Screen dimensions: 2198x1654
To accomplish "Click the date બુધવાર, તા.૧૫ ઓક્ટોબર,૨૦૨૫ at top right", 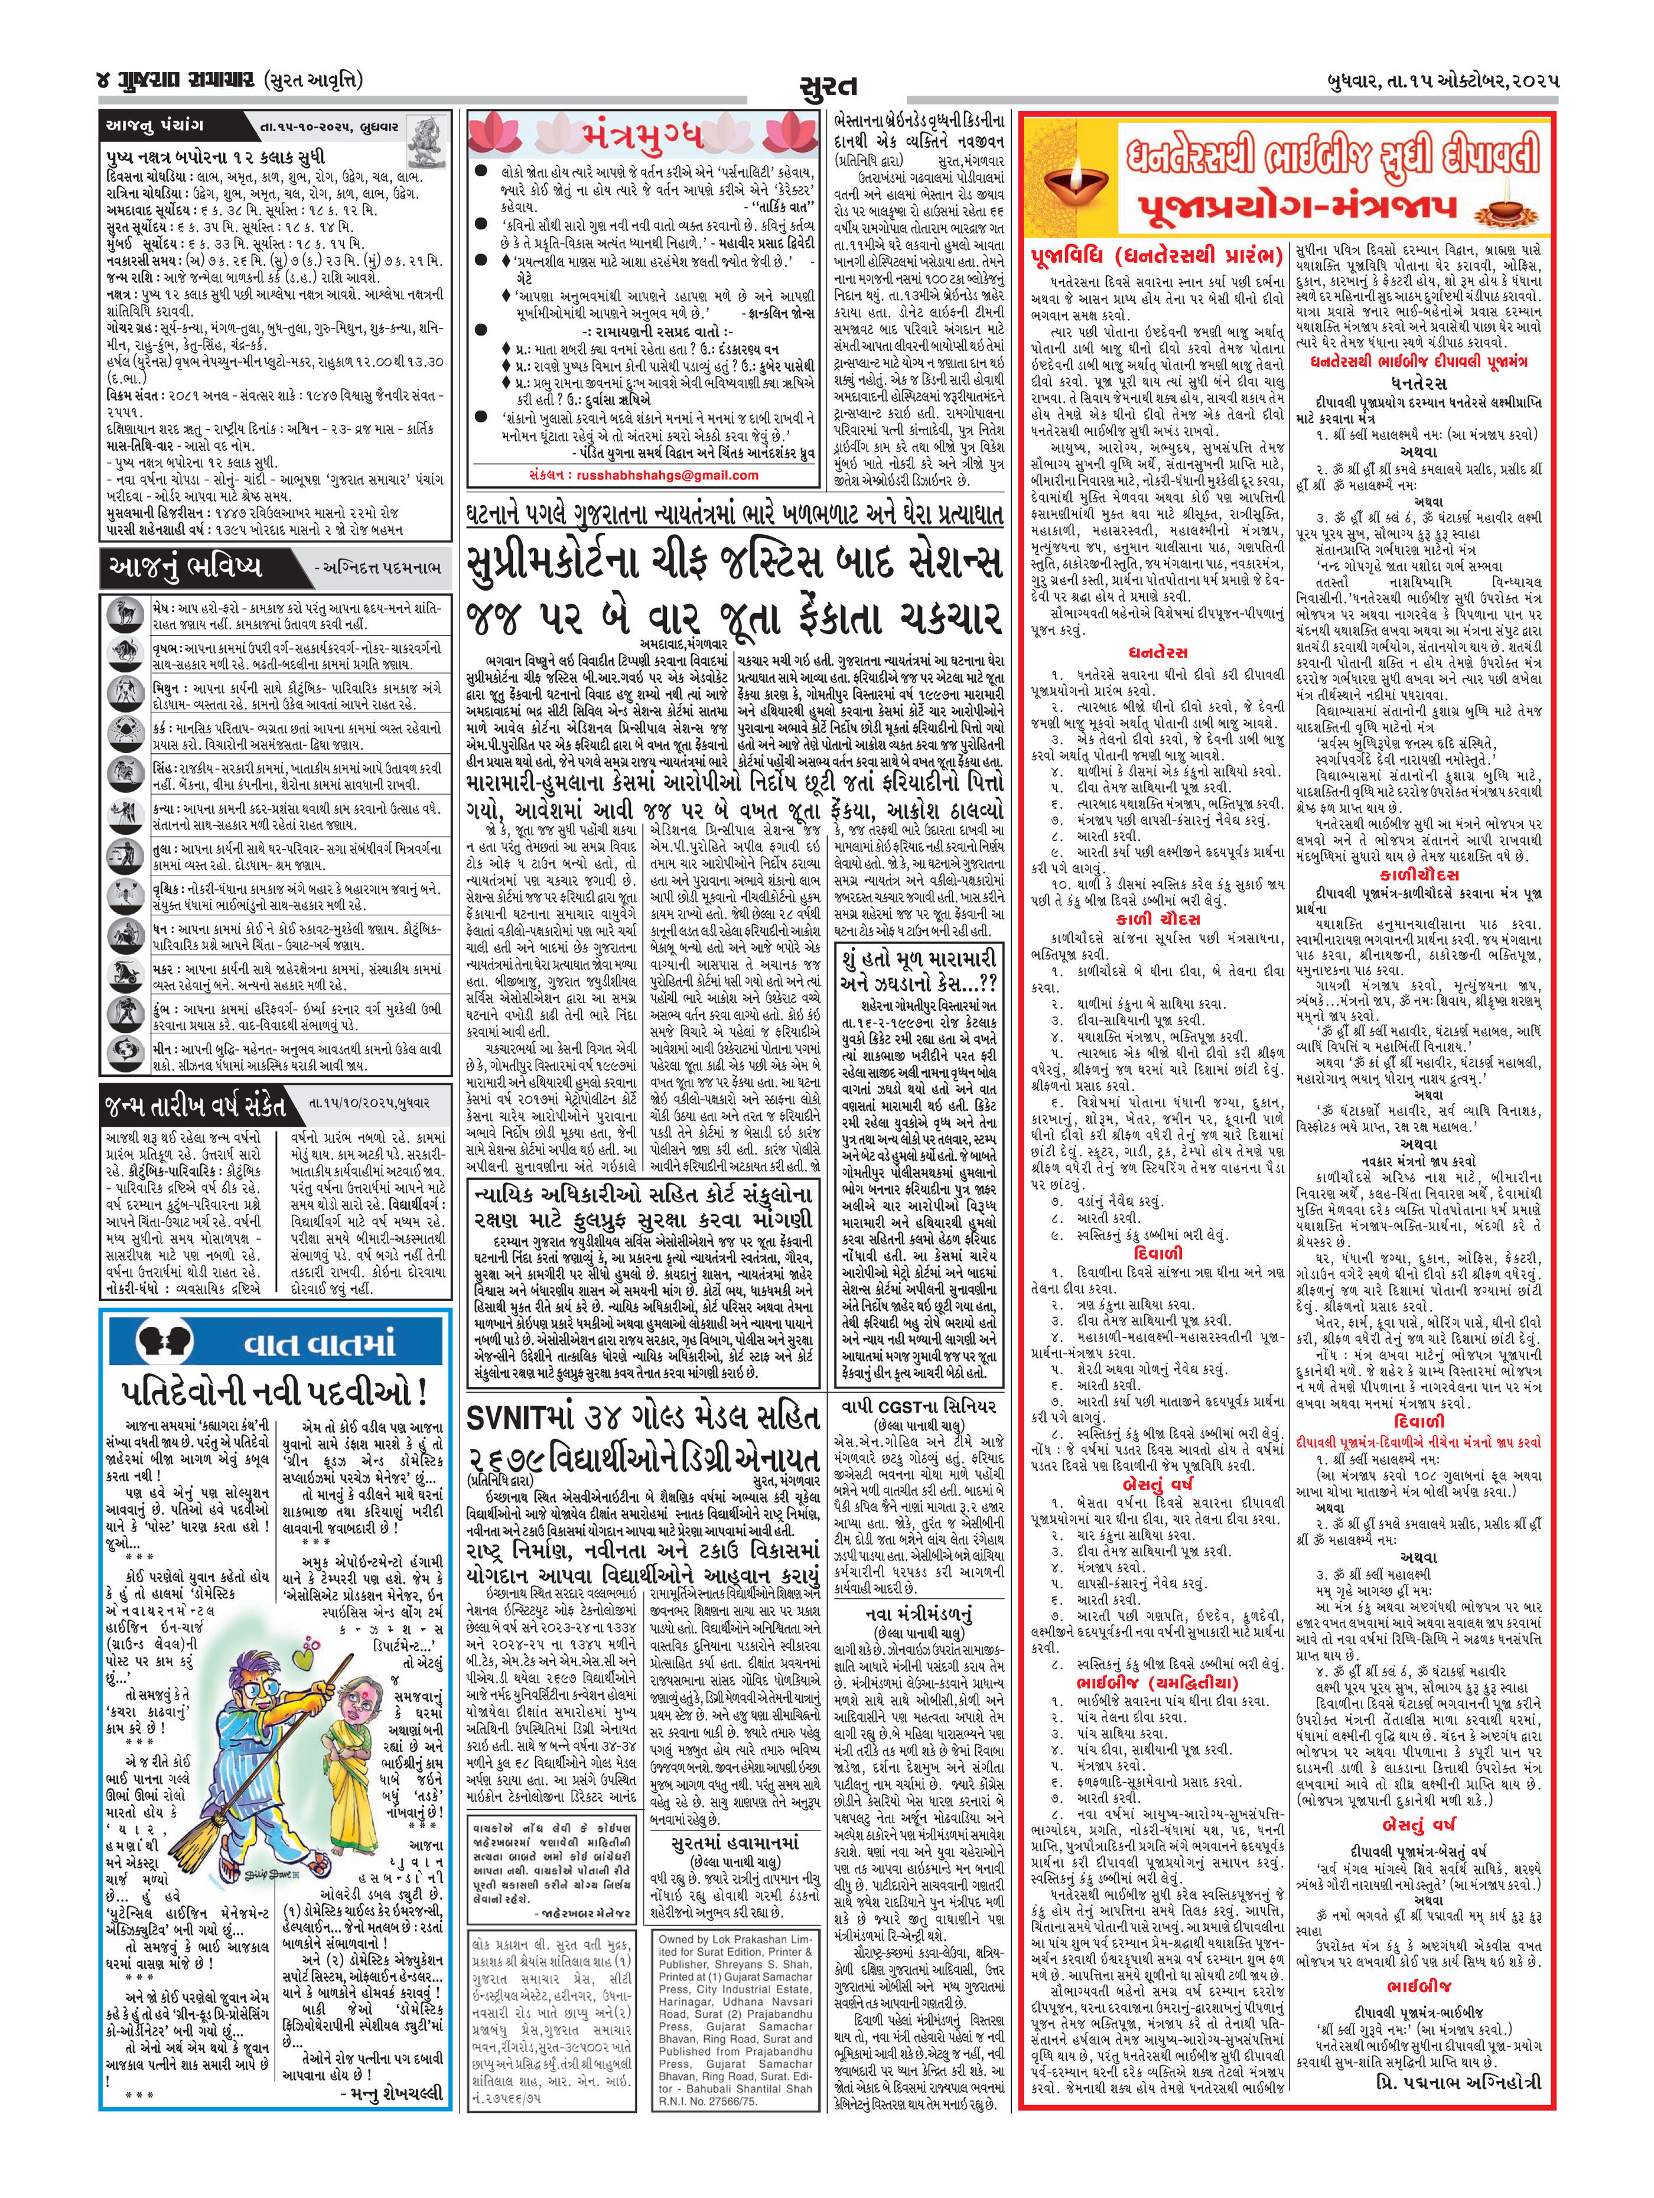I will point(1431,80).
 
